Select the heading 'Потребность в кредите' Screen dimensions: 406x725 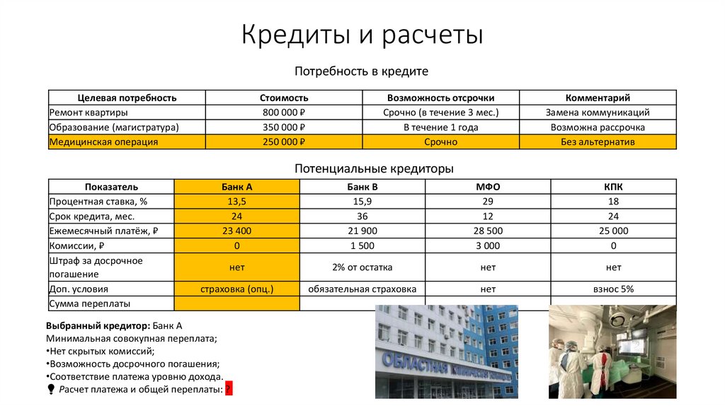point(362,71)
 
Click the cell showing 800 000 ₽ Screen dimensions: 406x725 point(283,112)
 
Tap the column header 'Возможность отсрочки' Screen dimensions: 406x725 point(440,98)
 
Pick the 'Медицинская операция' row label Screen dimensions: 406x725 point(103,142)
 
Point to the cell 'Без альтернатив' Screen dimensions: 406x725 point(598,142)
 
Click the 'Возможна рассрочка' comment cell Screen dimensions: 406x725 point(598,127)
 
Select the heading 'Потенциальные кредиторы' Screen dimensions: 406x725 point(374,169)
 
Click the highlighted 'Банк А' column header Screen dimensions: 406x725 point(236,187)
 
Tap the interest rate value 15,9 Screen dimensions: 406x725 point(362,202)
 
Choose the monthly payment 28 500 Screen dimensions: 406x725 point(488,231)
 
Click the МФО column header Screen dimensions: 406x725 point(488,187)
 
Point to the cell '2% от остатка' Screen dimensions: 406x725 point(362,267)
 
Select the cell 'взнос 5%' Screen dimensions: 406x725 point(613,289)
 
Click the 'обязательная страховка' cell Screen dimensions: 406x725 point(362,289)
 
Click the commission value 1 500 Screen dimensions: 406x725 point(362,245)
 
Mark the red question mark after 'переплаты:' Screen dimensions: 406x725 point(229,389)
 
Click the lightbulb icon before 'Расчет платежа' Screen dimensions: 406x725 point(51,389)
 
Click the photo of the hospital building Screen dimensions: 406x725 point(446,352)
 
